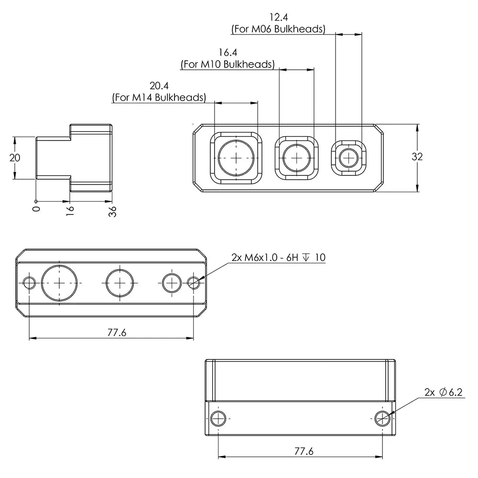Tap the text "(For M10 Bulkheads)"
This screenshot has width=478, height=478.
coord(228,64)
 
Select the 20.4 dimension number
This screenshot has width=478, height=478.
coord(159,86)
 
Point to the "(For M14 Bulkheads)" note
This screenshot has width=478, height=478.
coord(159,98)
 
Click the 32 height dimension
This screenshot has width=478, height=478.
coord(417,156)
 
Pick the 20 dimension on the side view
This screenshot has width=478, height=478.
coord(15,158)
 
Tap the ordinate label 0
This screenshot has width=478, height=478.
coord(36,209)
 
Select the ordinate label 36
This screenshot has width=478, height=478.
coord(113,212)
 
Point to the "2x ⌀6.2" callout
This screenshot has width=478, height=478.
coord(444,392)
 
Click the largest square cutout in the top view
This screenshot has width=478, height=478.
coord(237,157)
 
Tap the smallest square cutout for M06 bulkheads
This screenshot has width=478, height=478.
coord(349,156)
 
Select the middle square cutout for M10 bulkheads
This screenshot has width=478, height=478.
coord(297,157)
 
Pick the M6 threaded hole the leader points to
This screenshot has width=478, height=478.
coord(194,283)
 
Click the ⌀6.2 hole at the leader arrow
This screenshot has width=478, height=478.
coord(382,418)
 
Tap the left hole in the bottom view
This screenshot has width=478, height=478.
coord(218,418)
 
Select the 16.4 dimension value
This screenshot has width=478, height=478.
coord(228,52)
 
